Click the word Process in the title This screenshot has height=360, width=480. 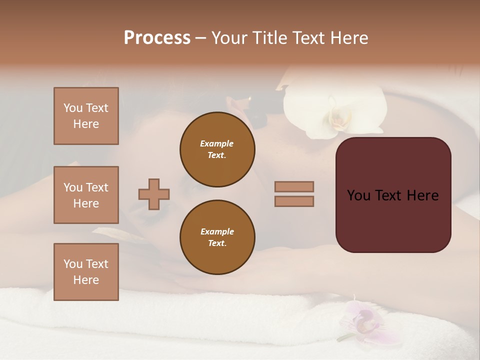(157, 38)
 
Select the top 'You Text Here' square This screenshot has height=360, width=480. (86, 116)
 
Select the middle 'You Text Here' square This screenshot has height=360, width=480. (86, 195)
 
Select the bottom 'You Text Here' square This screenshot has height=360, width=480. (86, 272)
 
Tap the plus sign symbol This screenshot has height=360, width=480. (154, 194)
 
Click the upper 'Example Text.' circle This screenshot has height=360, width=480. (217, 149)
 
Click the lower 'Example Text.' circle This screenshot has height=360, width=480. (217, 237)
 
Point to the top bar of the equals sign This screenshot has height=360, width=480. (294, 187)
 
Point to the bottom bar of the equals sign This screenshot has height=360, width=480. (294, 201)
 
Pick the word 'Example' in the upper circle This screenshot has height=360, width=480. (217, 143)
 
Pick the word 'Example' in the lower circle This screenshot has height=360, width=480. (217, 231)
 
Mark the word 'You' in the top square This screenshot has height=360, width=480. (72, 108)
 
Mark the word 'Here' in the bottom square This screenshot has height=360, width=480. (86, 280)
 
